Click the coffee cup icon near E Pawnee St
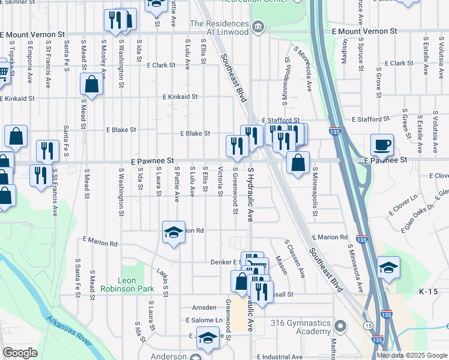pyautogui.click(x=382, y=145)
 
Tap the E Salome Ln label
pyautogui.click(x=204, y=320)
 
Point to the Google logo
pyautogui.click(x=19, y=353)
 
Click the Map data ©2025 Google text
pyautogui.click(x=412, y=355)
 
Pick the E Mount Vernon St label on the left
pyautogui.click(x=32, y=35)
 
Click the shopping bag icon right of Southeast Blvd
pyautogui.click(x=298, y=163)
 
